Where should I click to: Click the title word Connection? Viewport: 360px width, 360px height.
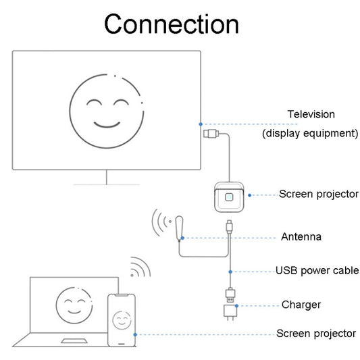(x=172, y=24)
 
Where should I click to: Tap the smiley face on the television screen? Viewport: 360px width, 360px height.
(x=106, y=111)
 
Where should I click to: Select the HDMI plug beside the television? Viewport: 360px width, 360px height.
(x=210, y=134)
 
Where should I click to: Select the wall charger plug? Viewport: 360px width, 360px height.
(x=229, y=311)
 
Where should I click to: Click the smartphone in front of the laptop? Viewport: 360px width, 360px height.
(x=121, y=319)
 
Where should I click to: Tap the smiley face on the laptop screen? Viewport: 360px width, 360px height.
(x=72, y=305)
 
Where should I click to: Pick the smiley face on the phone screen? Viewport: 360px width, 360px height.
(x=122, y=319)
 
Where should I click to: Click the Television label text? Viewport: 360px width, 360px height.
(x=311, y=114)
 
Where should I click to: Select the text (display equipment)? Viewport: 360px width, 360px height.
(x=309, y=133)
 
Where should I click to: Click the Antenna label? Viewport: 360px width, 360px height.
(x=301, y=237)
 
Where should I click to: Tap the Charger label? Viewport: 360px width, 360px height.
(x=301, y=305)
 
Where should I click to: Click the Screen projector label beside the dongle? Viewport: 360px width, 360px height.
(x=318, y=194)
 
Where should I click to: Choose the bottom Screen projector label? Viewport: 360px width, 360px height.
(x=315, y=334)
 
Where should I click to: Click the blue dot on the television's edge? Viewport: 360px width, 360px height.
(x=201, y=124)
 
